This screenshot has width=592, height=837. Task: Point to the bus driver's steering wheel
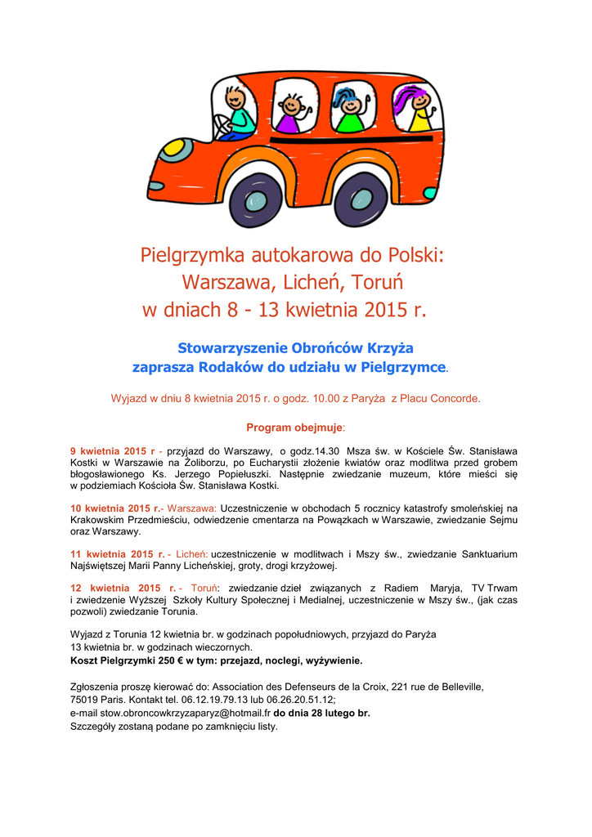[x=222, y=126]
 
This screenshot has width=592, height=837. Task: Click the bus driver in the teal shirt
[x=239, y=112]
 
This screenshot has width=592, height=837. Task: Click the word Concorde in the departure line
[x=455, y=399]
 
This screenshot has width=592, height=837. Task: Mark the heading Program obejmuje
[x=295, y=427]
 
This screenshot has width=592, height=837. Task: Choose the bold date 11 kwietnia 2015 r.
[x=118, y=554]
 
